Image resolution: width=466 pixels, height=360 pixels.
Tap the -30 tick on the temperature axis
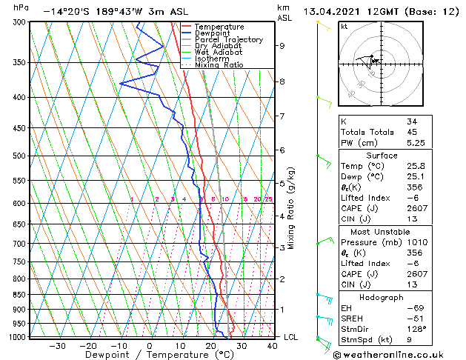tap(57, 345)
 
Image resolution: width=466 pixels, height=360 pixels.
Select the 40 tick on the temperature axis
tap(271, 345)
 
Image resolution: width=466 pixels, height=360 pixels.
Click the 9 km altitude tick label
tap(282, 46)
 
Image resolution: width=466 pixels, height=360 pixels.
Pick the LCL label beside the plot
tap(292, 337)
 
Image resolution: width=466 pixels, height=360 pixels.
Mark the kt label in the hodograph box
tap(344, 26)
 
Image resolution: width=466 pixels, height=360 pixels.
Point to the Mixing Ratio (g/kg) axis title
tap(291, 207)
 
